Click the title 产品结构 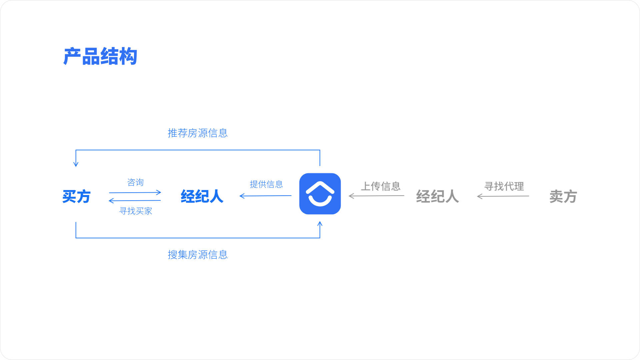[100, 56]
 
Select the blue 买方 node [76, 196]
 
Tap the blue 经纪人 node [202, 196]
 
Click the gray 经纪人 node [437, 196]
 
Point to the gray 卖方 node [563, 196]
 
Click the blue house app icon [320, 194]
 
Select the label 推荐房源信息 [198, 133]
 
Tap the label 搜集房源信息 [198, 255]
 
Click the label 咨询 [135, 182]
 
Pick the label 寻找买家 [136, 211]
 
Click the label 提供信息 [266, 184]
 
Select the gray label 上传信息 [381, 186]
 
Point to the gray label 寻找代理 [504, 186]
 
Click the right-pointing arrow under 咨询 [135, 192]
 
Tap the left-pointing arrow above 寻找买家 [135, 201]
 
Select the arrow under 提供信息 [266, 196]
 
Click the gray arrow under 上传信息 [376, 196]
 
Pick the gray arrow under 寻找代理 [503, 196]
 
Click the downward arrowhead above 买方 [76, 164]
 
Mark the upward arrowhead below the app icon [320, 224]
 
